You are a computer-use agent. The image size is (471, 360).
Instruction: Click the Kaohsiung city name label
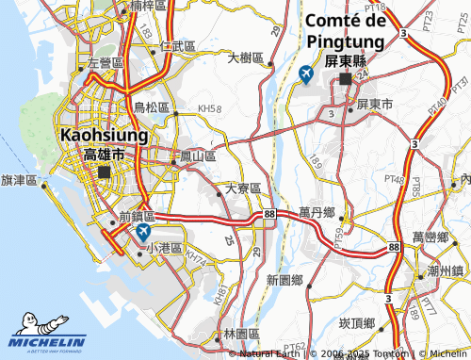click(104, 136)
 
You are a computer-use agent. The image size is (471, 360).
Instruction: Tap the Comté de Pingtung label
click(345, 32)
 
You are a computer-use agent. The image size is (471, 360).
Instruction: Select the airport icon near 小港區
click(142, 231)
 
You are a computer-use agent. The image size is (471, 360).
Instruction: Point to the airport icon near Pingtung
click(305, 74)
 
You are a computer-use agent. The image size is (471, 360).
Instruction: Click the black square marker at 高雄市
click(104, 172)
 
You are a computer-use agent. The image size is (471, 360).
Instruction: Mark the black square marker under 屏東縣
click(346, 80)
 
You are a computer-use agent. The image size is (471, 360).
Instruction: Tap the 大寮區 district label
click(244, 189)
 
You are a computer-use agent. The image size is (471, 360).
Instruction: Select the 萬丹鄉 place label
click(317, 213)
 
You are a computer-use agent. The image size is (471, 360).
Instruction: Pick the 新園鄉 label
click(284, 280)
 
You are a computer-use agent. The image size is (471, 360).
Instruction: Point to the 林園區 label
click(242, 335)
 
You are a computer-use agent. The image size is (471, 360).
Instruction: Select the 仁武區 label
click(178, 45)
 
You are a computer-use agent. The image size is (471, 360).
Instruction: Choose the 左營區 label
click(105, 63)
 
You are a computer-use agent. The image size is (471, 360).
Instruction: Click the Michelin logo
click(47, 340)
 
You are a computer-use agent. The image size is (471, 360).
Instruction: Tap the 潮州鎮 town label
click(446, 270)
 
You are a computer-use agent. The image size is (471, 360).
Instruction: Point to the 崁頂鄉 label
click(357, 323)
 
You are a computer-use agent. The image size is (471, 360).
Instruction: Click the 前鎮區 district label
click(137, 216)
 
